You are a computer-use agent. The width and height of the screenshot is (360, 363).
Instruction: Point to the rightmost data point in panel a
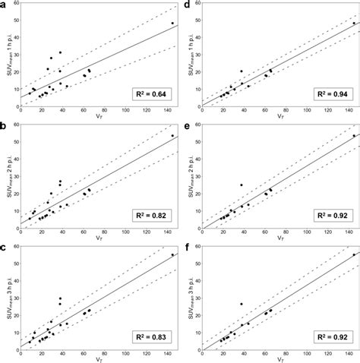tap(172, 24)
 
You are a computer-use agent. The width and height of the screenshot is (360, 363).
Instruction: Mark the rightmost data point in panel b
tap(172, 136)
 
